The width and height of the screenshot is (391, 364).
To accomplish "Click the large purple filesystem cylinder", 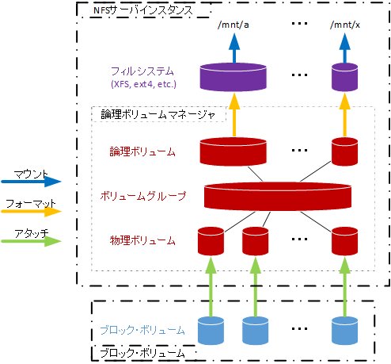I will [233, 78].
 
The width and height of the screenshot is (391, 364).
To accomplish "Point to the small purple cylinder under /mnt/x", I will [345, 78].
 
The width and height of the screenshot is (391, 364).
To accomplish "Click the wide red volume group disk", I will [277, 194].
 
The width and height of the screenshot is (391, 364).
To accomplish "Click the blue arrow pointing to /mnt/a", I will [233, 48].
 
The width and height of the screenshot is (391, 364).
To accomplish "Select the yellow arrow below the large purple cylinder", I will [233, 115].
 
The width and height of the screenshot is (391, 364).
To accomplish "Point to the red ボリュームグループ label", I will [143, 194].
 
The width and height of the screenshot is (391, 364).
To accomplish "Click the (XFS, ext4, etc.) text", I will [143, 84].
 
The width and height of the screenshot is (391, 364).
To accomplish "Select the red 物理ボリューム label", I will [143, 238].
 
